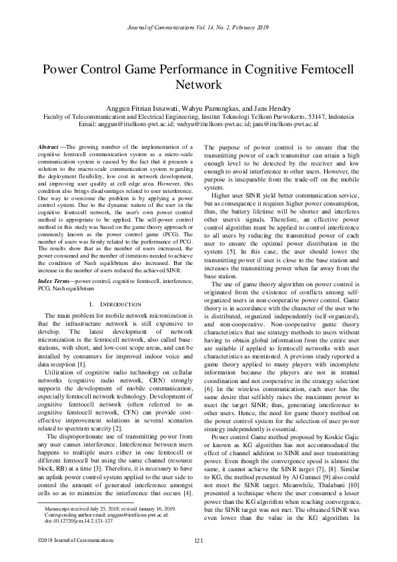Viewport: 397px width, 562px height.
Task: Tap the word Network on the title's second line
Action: (198, 85)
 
